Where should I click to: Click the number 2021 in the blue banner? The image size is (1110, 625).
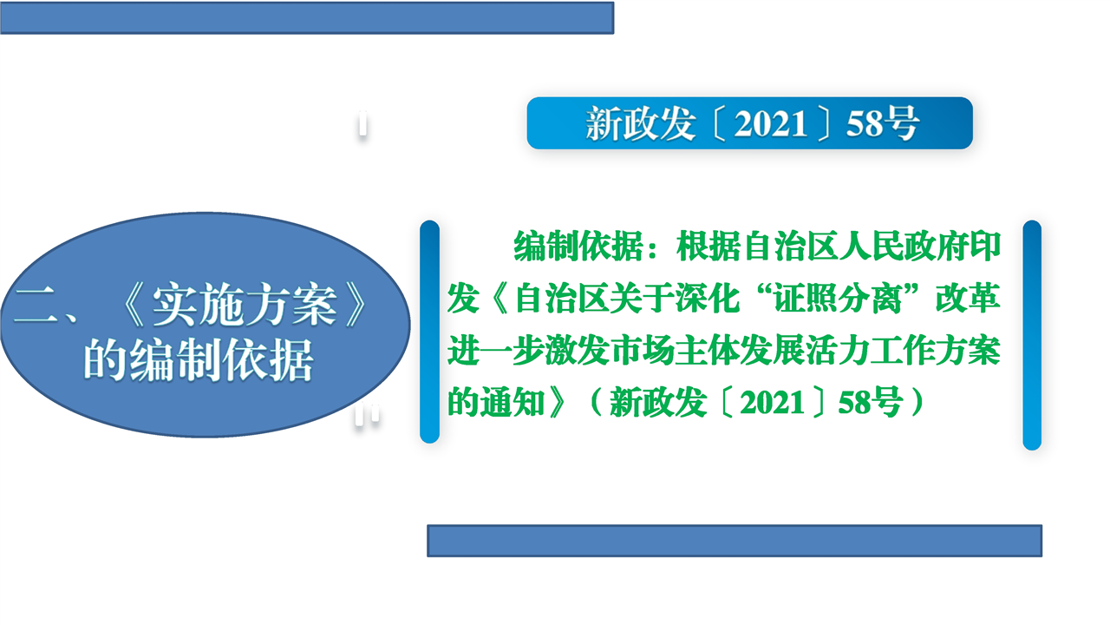click(x=771, y=124)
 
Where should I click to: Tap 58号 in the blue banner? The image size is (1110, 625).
click(x=883, y=123)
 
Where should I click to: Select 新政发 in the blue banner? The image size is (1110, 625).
click(x=640, y=123)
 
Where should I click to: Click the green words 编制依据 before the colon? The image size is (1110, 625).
click(x=578, y=246)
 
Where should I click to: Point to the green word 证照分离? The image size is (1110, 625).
click(x=839, y=299)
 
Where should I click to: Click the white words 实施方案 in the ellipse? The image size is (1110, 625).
click(x=245, y=306)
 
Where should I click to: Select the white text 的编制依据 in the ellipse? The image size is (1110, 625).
click(x=199, y=360)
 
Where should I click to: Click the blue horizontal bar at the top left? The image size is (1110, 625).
click(x=307, y=18)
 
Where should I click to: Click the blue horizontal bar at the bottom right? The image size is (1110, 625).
click(x=735, y=541)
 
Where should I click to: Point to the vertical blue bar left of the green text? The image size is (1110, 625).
click(x=429, y=332)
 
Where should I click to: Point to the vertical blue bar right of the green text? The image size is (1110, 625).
click(x=1032, y=335)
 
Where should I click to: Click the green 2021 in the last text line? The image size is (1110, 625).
click(x=772, y=402)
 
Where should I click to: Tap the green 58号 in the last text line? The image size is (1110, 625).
click(x=870, y=402)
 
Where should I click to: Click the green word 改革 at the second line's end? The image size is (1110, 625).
click(x=968, y=299)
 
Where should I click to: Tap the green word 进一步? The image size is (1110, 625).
click(x=496, y=351)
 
